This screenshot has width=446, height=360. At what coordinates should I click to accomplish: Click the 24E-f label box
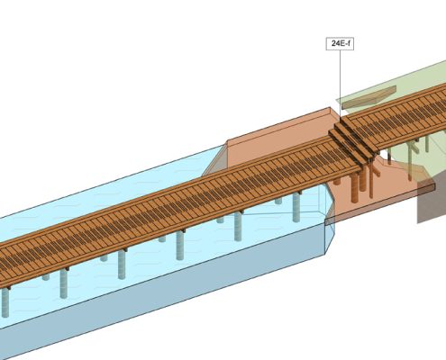click(340, 43)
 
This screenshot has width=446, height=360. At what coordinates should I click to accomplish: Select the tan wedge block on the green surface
click(369, 98)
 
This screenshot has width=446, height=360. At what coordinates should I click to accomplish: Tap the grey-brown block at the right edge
click(432, 198)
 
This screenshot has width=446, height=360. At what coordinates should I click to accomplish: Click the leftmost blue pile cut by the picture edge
click(5, 302)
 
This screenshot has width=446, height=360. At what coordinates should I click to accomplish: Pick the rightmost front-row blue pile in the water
click(296, 207)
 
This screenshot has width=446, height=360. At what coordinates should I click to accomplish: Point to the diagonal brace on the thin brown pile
click(376, 170)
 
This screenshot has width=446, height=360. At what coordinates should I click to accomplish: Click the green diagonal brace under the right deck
click(415, 148)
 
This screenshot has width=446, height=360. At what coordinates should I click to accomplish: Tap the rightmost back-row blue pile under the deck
click(278, 201)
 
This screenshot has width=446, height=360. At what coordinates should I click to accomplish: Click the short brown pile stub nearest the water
click(337, 181)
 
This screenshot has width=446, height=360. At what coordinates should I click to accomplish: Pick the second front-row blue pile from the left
click(64, 283)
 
